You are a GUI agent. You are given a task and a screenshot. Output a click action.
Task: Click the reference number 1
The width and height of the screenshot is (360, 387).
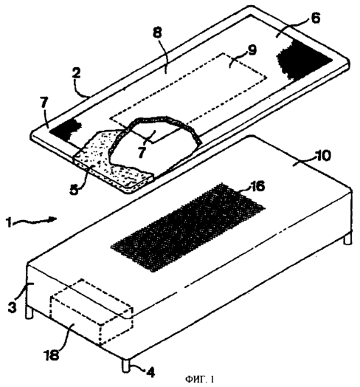point(9,223)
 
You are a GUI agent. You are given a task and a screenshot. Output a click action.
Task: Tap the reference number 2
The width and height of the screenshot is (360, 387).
point(76,74)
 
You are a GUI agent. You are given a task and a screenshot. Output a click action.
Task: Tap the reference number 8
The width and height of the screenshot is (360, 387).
point(158,32)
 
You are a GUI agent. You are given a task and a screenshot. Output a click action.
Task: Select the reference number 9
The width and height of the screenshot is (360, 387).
point(252,50)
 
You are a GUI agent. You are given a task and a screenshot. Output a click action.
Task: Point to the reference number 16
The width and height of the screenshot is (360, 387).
point(257,186)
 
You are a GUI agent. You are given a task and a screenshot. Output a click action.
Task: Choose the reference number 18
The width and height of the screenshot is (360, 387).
point(52,355)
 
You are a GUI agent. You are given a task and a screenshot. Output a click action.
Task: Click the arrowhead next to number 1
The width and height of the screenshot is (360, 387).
point(53,219)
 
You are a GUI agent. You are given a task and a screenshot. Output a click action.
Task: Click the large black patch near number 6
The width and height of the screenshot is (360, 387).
point(303,59)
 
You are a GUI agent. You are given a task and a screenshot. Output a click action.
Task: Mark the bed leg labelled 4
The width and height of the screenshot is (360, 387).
point(125,365)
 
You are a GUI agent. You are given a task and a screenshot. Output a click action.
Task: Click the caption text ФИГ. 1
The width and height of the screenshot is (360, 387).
point(200,379)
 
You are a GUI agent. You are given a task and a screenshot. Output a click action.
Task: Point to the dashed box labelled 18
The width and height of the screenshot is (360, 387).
point(91,313)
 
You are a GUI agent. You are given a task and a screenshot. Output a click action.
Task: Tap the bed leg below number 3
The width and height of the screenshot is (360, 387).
point(30,312)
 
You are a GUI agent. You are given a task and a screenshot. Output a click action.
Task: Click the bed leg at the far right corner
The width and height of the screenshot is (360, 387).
point(347,238)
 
